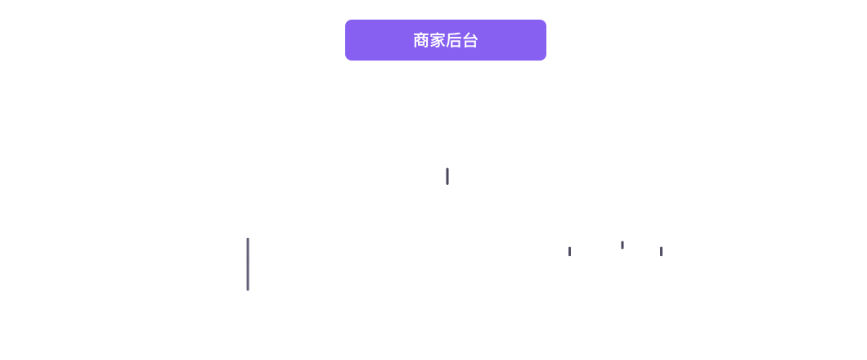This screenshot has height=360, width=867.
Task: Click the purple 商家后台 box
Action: click(x=446, y=40)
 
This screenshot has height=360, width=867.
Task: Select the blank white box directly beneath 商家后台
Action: click(x=448, y=94)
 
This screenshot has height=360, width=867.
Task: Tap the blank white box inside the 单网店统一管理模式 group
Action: click(x=245, y=224)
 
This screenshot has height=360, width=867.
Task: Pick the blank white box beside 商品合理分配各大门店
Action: click(x=622, y=227)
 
